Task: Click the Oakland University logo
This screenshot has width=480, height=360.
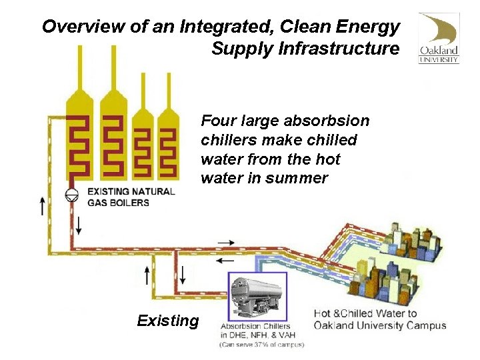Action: click(438, 38)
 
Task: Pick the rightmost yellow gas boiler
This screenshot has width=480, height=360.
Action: click(168, 140)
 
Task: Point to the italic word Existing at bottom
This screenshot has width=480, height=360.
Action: click(167, 321)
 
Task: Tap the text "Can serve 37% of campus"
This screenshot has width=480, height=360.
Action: click(261, 345)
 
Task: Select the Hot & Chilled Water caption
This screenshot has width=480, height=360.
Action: click(365, 313)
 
